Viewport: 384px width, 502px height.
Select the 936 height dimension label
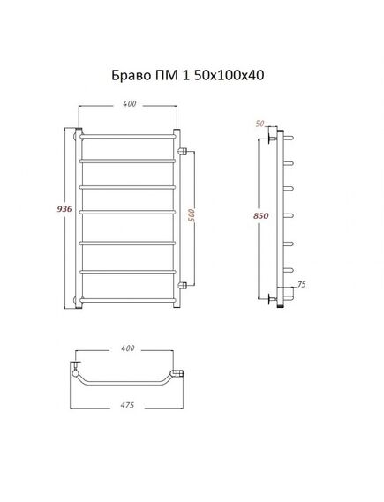(64, 209)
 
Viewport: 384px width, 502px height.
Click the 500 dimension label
(192, 216)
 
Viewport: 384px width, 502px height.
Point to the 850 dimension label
(261, 216)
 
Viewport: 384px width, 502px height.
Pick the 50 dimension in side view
(260, 124)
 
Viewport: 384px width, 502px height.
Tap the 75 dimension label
(302, 284)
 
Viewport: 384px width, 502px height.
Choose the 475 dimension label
(127, 405)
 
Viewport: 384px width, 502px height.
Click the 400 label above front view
(129, 104)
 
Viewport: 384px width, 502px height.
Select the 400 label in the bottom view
(128, 348)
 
